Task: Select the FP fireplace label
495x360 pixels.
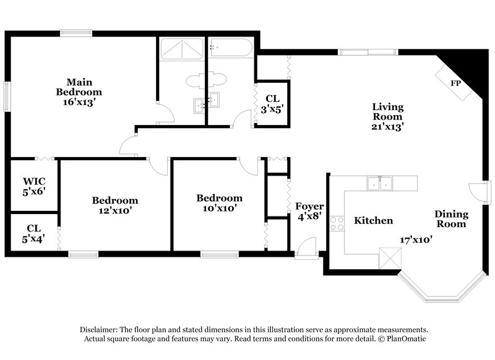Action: coord(455,83)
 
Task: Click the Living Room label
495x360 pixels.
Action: coord(387,111)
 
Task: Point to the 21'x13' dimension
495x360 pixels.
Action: coord(387,127)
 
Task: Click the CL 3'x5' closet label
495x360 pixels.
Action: coord(272,103)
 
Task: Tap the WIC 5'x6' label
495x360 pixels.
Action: coord(34,186)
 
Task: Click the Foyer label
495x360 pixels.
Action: coord(308,206)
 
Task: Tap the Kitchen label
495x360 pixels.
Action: coord(373,221)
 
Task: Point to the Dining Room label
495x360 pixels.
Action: coord(450,219)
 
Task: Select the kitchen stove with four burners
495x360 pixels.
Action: coord(337,223)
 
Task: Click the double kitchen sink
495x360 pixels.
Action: coord(380,183)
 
